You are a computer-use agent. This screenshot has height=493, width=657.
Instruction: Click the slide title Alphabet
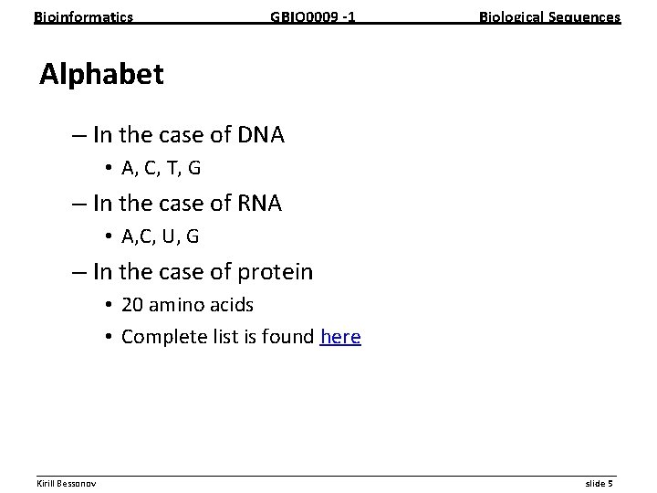tap(101, 75)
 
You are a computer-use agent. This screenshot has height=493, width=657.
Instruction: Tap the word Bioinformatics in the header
tap(83, 17)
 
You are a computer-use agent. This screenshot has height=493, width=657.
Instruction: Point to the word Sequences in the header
tap(585, 17)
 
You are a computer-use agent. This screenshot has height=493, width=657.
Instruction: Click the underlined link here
tap(340, 337)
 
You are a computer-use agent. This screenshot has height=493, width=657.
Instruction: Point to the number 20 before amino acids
tap(132, 305)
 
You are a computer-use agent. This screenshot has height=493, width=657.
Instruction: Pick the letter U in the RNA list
tap(168, 236)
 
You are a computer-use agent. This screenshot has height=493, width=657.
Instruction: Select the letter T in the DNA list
tap(169, 168)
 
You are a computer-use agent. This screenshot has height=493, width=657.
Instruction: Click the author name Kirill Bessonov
tap(67, 482)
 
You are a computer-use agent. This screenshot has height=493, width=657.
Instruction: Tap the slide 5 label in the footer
tap(599, 482)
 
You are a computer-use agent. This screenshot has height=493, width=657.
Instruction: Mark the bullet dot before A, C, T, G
tap(108, 169)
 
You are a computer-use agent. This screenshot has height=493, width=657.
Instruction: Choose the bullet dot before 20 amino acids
tap(108, 305)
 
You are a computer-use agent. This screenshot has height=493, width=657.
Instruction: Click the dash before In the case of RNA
tap(78, 205)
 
